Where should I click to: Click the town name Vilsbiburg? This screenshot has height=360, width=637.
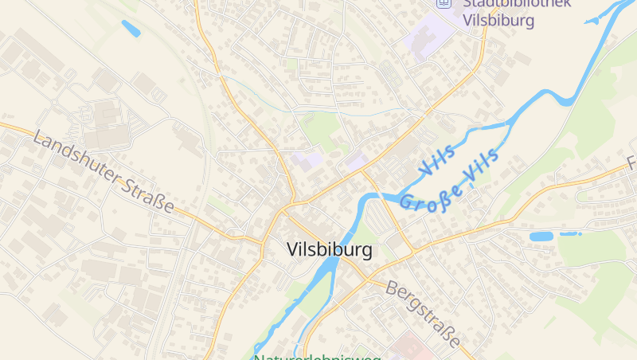(329, 250)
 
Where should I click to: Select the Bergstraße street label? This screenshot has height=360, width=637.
(424, 313)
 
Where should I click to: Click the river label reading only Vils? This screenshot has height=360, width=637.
(436, 158)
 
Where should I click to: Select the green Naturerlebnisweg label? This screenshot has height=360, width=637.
(317, 356)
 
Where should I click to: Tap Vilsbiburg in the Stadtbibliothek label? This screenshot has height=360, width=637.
(498, 21)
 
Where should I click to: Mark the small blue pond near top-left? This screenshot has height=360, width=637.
(131, 29)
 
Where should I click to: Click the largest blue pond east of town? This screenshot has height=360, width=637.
(543, 237)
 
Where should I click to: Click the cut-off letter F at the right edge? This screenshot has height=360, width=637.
(631, 166)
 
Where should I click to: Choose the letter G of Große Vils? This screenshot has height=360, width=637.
(407, 204)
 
